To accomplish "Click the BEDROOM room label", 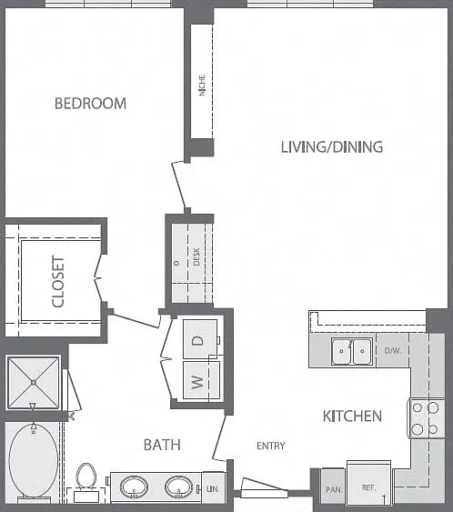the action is [x=90, y=104].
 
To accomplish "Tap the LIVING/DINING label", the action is [x=332, y=147].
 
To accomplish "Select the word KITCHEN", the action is [x=352, y=417].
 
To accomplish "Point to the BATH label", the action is [x=162, y=445].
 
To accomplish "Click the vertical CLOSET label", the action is [x=58, y=282].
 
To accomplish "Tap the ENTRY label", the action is [x=271, y=446].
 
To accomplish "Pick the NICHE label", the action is [x=202, y=85].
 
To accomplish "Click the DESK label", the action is [x=196, y=256].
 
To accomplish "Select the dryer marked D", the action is [x=200, y=339].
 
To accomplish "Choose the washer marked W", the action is [x=201, y=380].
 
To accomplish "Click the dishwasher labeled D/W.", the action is [x=392, y=350].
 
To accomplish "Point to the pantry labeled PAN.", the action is [x=334, y=487].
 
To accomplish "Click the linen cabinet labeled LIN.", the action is [x=213, y=487].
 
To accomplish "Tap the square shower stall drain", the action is [x=34, y=382].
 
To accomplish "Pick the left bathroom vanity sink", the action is [x=135, y=487].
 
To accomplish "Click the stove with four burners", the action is [x=426, y=418].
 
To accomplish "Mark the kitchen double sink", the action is [x=351, y=351].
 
